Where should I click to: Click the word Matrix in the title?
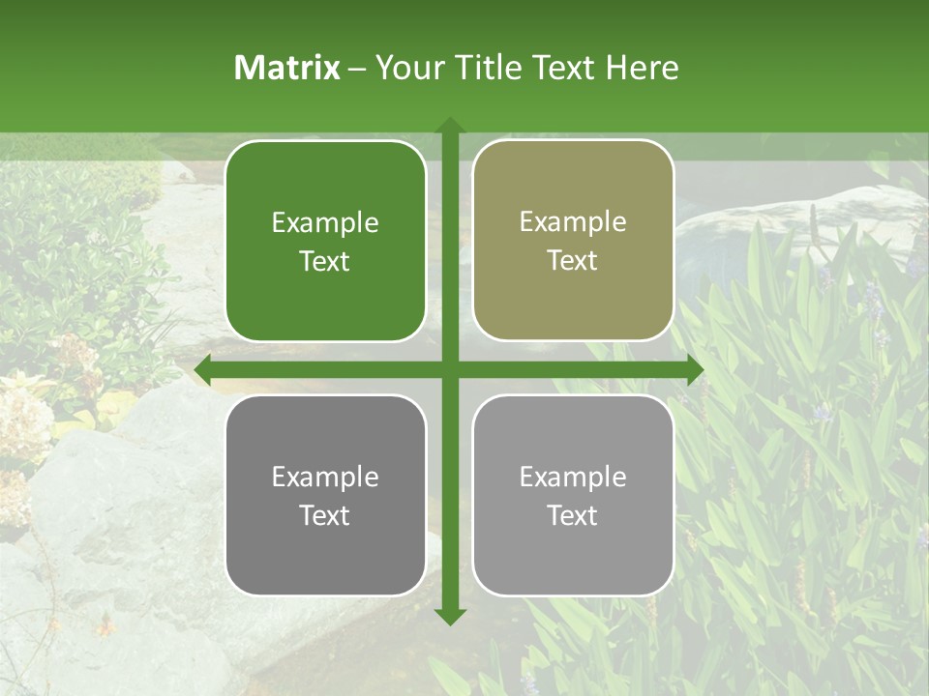pos(287,68)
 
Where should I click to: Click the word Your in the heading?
pos(406,68)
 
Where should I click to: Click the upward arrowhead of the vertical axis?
pos(449,126)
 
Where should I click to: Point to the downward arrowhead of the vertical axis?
pos(449,616)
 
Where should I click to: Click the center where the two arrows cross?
pos(449,369)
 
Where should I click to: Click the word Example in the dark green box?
pos(325,223)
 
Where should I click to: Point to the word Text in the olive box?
pos(573,261)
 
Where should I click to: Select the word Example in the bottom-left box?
pos(325,478)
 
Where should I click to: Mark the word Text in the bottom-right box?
pos(573,516)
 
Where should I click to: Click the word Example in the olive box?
pos(573,222)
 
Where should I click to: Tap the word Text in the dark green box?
pos(325,262)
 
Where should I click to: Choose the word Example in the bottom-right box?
pos(573,478)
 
